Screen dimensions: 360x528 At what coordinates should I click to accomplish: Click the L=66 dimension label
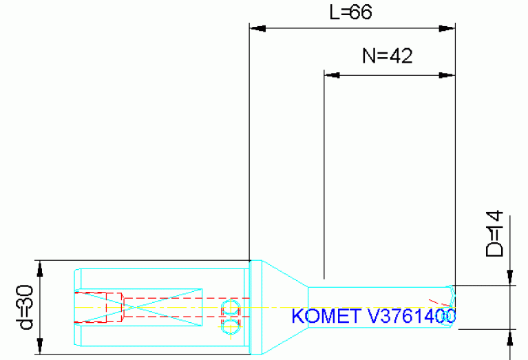pyautogui.click(x=351, y=12)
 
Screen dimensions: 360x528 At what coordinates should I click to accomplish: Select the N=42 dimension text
pyautogui.click(x=388, y=56)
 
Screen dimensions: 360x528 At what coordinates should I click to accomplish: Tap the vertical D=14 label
pyautogui.click(x=494, y=234)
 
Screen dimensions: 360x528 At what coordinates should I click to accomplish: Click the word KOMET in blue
pyautogui.click(x=325, y=316)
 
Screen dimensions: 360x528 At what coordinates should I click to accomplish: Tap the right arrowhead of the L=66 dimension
pyautogui.click(x=447, y=29)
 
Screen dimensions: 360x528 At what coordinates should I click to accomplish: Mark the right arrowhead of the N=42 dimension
pyautogui.click(x=447, y=74)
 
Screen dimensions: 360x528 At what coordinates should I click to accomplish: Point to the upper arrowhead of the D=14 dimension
pyautogui.click(x=510, y=276)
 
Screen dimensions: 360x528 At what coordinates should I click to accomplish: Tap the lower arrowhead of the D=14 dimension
pyautogui.click(x=510, y=337)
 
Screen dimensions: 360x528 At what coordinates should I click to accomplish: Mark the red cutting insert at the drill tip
pyautogui.click(x=435, y=304)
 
